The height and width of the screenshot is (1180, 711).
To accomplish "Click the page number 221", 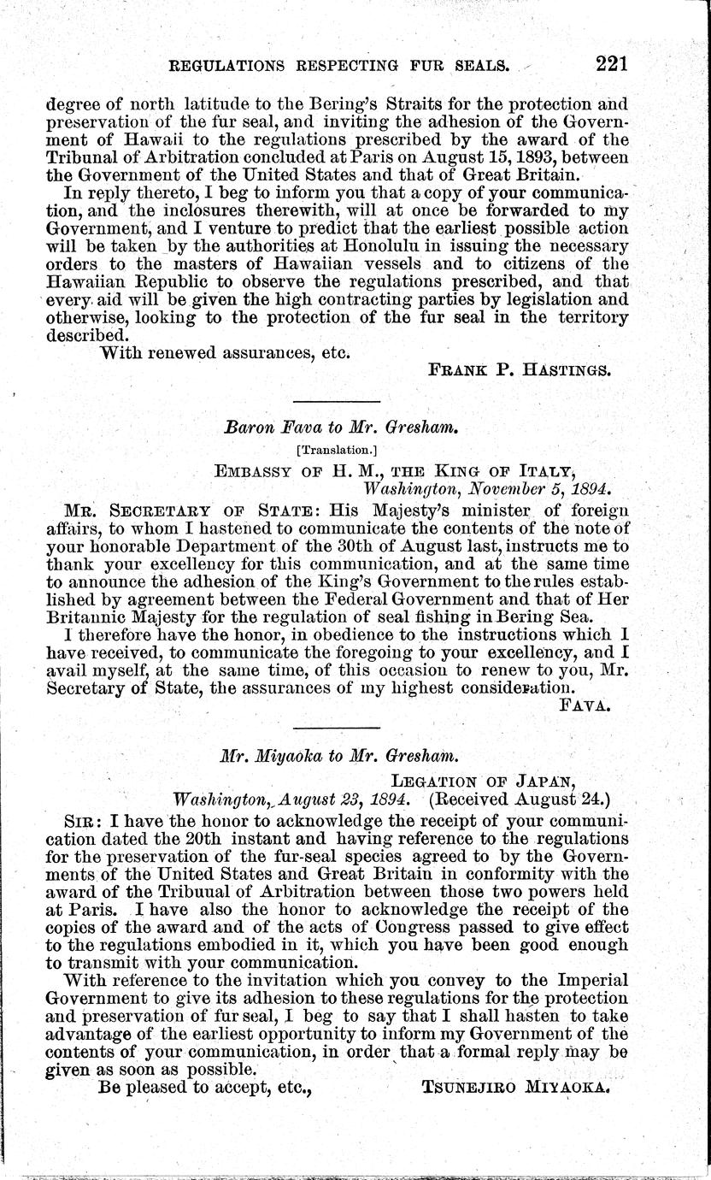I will pos(602,63).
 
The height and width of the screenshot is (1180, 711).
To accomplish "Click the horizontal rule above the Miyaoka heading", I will pos(336,727).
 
